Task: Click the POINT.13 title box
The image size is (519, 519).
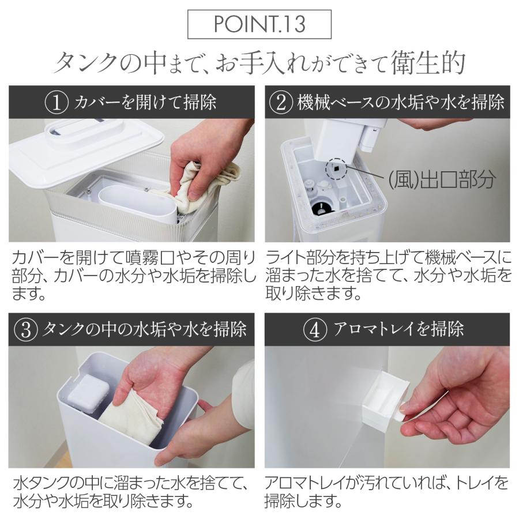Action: coord(259,24)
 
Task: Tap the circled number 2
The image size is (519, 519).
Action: coord(281,103)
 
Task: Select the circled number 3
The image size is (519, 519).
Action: coord(24,329)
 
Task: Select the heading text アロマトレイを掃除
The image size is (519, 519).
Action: coord(398,329)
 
